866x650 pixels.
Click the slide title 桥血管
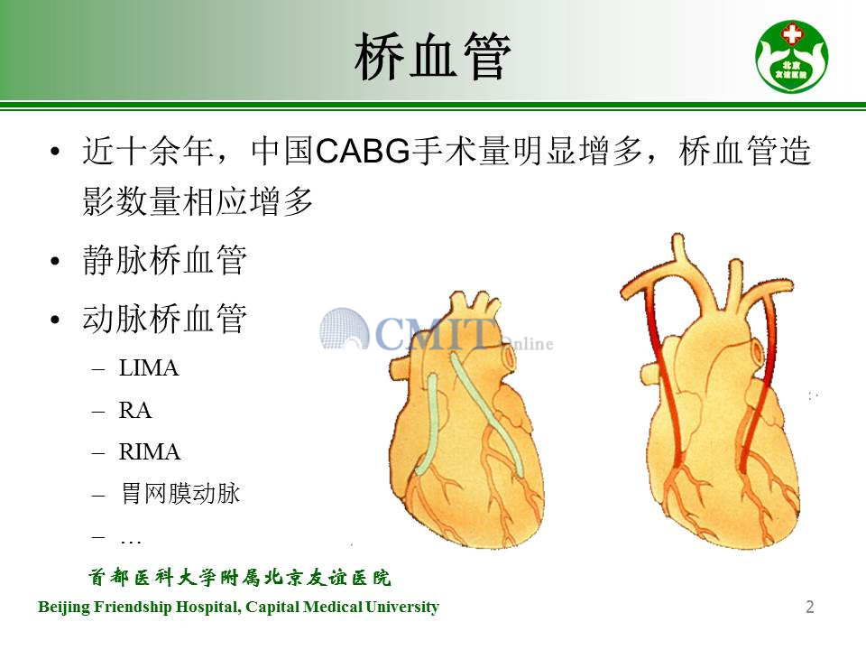[432, 56]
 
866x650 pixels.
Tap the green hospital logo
[791, 56]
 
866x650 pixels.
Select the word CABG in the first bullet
[363, 151]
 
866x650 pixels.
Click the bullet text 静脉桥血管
[164, 260]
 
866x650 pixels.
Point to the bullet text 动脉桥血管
[164, 319]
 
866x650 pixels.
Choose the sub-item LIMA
[149, 368]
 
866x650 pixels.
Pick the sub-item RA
[134, 410]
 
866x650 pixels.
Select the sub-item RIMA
[150, 452]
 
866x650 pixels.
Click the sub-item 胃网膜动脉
[180, 493]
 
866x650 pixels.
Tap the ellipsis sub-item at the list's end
[131, 542]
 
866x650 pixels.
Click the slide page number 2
[810, 607]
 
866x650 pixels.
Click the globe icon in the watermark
[344, 329]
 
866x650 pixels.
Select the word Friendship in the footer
[133, 607]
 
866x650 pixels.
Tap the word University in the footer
[402, 607]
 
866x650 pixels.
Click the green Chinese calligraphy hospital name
[240, 578]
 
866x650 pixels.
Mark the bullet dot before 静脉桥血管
[55, 261]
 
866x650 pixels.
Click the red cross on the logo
[791, 35]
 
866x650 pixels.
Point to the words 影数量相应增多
[198, 200]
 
